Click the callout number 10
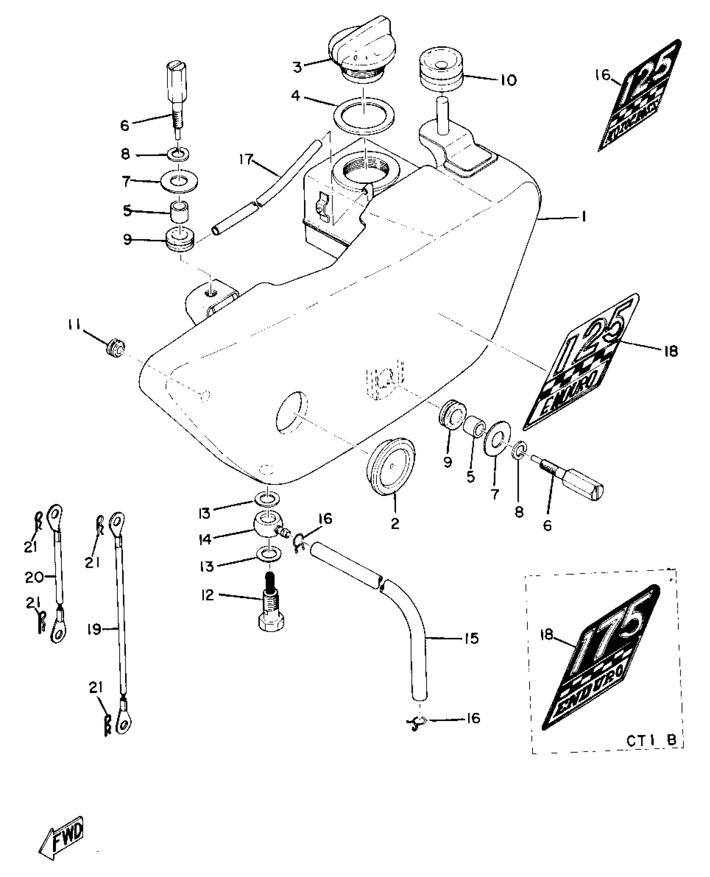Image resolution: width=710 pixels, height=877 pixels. coord(508,80)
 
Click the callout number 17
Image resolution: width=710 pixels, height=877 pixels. coord(246,159)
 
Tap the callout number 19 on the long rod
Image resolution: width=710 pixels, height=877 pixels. coord(95,629)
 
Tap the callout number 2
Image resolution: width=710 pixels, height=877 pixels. coord(395,524)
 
